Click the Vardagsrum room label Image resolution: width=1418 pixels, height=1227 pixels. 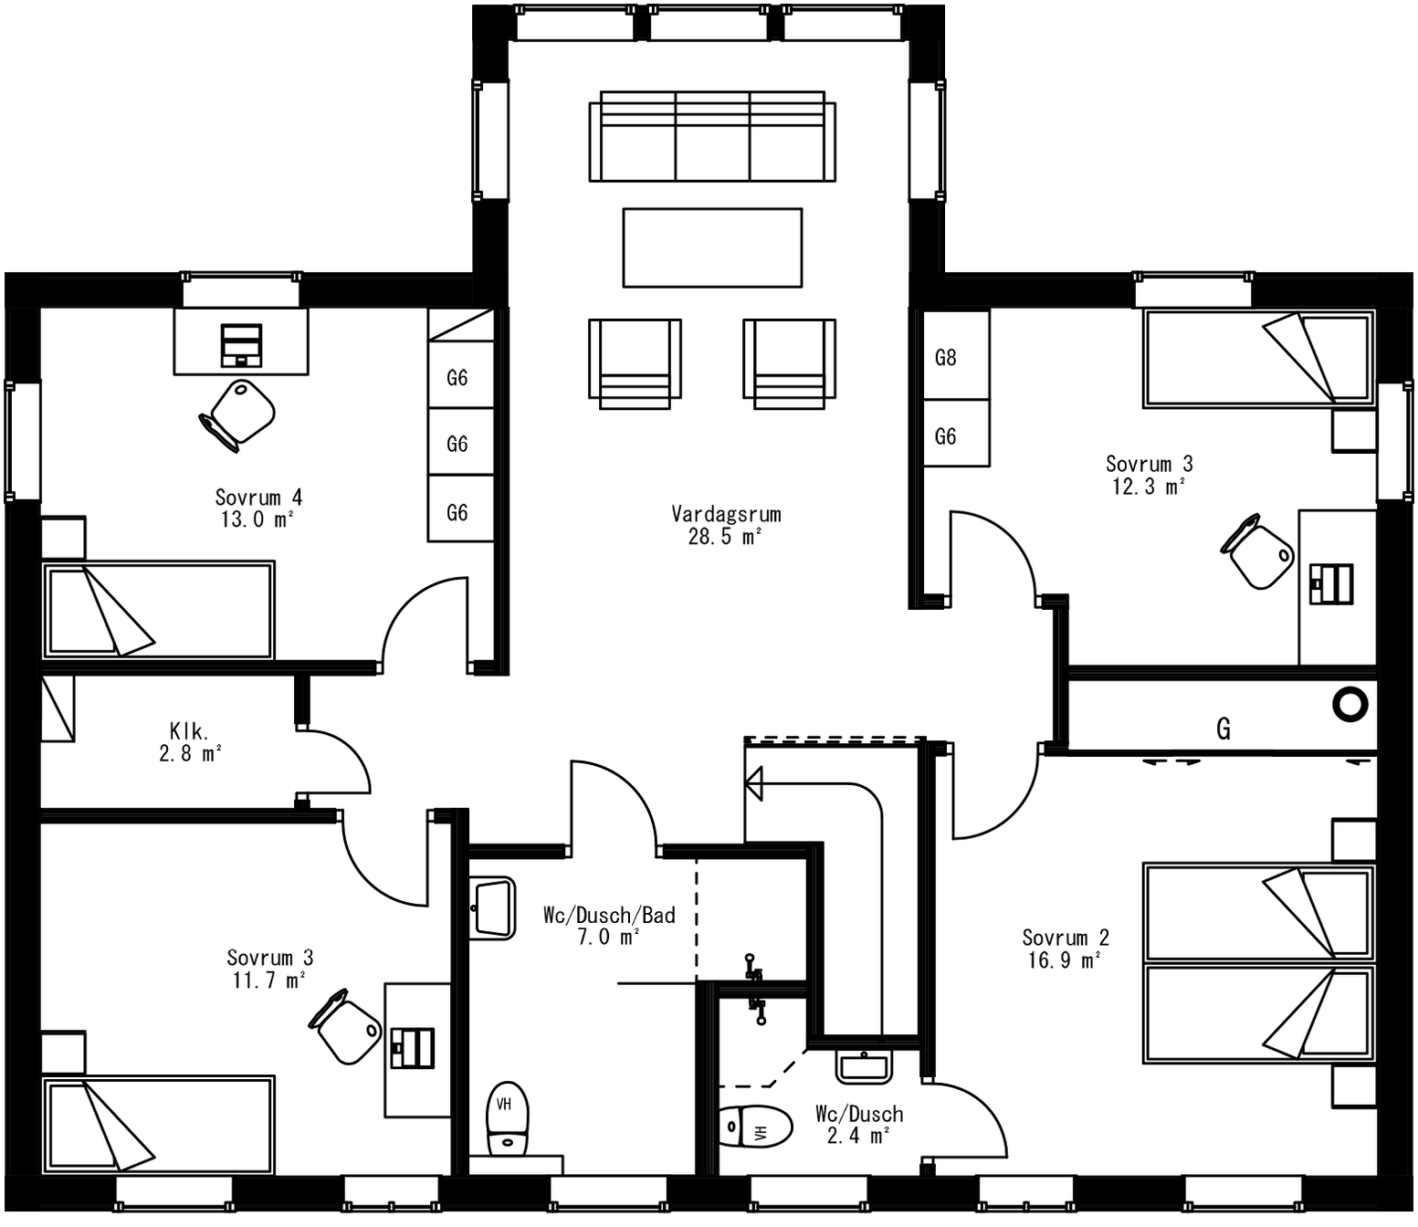pos(726,514)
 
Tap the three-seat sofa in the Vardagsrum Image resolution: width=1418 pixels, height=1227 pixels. pos(712,137)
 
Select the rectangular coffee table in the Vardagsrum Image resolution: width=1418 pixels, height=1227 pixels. pos(712,247)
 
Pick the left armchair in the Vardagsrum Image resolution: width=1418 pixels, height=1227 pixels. pos(635,362)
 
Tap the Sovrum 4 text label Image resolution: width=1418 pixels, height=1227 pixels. pos(258,498)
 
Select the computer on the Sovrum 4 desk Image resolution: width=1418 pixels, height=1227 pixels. pos(241,345)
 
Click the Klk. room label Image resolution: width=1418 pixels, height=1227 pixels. pos(189,731)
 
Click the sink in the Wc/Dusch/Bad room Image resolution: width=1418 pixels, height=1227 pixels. pos(493,907)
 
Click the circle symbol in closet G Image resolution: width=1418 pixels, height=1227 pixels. pos(1350,704)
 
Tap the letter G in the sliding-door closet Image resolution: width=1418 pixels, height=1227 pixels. pos(1224,729)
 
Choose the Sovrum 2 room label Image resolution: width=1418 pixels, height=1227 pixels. pos(1066,938)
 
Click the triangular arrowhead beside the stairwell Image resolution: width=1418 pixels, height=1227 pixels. pos(754,783)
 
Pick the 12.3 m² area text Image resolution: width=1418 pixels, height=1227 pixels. pos(1149,487)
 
